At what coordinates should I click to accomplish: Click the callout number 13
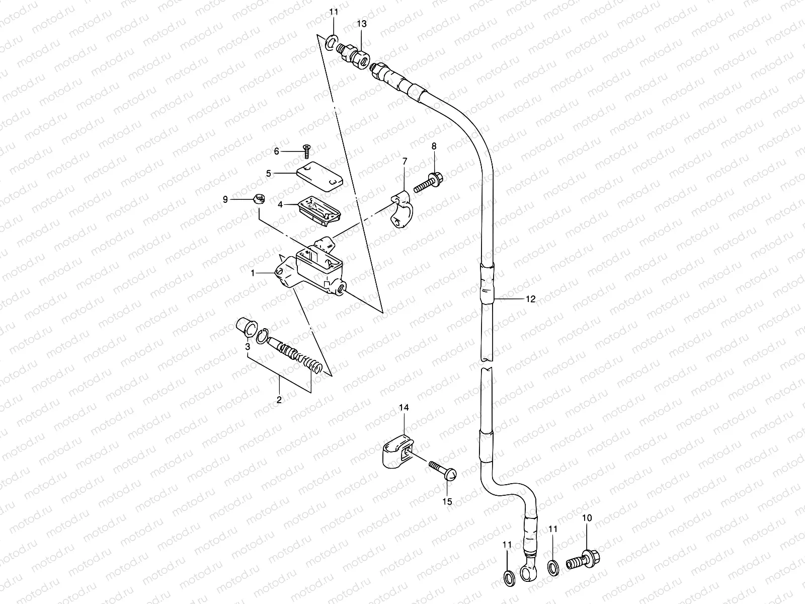coord(362,24)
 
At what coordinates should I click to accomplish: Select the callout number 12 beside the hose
coord(530,299)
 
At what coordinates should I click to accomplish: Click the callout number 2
coord(279,400)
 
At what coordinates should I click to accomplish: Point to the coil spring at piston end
coord(310,363)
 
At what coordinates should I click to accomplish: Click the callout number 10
coord(587,518)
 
